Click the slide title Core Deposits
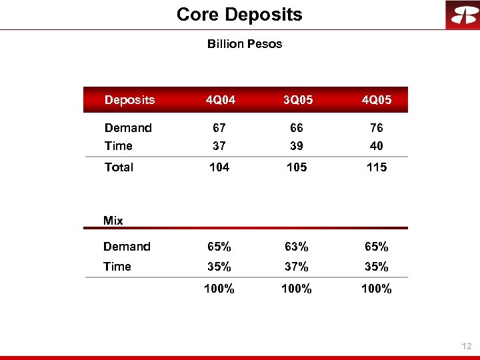[x=239, y=14]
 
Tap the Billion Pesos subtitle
[x=245, y=44]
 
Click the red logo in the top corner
[x=463, y=15]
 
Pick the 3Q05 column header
[x=297, y=100]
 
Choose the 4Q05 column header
[x=377, y=100]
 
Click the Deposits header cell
[x=129, y=100]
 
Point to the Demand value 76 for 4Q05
[x=377, y=128]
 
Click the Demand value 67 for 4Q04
[x=218, y=128]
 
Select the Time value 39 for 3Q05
[x=297, y=146]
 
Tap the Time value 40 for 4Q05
[x=377, y=146]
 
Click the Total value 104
[x=219, y=167]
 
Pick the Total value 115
[x=377, y=167]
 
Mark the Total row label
[x=119, y=167]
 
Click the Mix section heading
[x=113, y=221]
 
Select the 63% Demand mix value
[x=297, y=247]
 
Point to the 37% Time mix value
[x=297, y=267]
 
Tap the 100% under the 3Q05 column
[x=297, y=289]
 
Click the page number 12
[x=466, y=346]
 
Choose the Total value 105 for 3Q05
[x=297, y=167]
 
